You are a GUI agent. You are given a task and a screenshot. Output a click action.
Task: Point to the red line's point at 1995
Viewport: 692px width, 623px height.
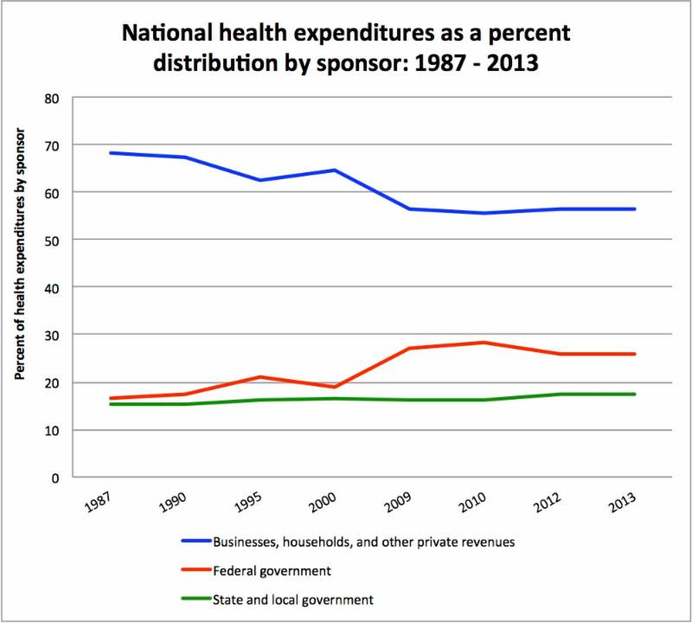click(x=260, y=376)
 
